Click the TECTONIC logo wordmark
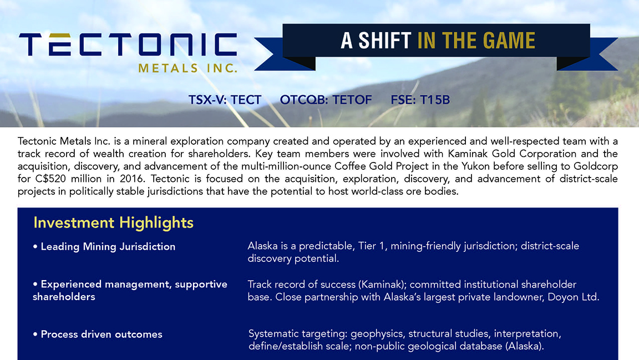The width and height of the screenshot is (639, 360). click(128, 44)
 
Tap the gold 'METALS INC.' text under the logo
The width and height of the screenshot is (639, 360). click(187, 68)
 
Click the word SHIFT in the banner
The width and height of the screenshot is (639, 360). click(385, 40)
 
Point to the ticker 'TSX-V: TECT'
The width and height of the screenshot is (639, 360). click(225, 100)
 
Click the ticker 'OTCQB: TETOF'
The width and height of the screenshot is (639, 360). click(326, 100)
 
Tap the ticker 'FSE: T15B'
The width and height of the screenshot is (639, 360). click(420, 100)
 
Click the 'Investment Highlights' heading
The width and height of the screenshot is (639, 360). click(113, 222)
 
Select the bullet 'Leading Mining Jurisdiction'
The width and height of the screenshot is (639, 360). click(104, 247)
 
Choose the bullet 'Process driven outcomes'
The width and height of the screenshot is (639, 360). click(98, 334)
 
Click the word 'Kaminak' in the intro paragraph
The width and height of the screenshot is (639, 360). click(468, 154)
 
